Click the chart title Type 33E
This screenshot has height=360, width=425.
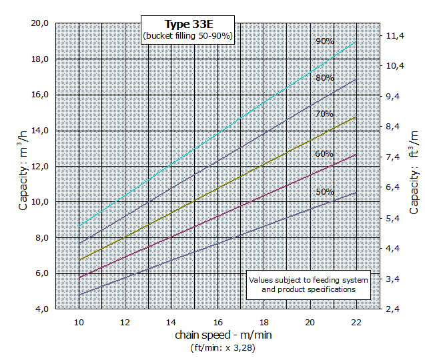[188, 23]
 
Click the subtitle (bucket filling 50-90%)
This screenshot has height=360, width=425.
[188, 36]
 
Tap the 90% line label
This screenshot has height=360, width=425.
[325, 41]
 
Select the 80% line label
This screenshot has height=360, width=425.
[325, 78]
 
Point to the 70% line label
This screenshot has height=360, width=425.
[325, 114]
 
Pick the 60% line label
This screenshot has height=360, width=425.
[325, 154]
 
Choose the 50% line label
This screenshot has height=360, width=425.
[325, 192]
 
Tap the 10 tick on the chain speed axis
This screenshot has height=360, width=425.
[79, 321]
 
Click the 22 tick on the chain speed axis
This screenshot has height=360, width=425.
[356, 321]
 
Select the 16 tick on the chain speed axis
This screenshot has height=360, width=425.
[218, 321]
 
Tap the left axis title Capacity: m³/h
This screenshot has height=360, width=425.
[24, 170]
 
